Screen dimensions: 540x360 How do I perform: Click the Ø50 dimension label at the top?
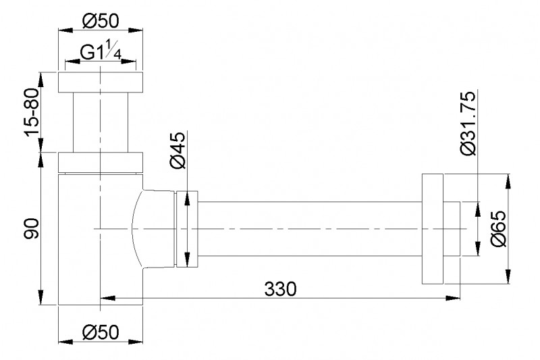[x=100, y=22]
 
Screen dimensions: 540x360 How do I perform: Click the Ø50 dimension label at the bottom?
[x=101, y=332]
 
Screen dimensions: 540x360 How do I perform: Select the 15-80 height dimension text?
[x=31, y=113]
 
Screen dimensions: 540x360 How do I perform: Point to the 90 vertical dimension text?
[x=32, y=228]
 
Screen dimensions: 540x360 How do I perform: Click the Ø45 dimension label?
[x=178, y=151]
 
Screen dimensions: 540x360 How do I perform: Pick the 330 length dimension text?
[x=280, y=288]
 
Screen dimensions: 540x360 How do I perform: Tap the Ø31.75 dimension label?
[x=468, y=123]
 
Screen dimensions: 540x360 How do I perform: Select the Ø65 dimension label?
[x=499, y=229]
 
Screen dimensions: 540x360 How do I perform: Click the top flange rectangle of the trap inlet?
[x=100, y=82]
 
